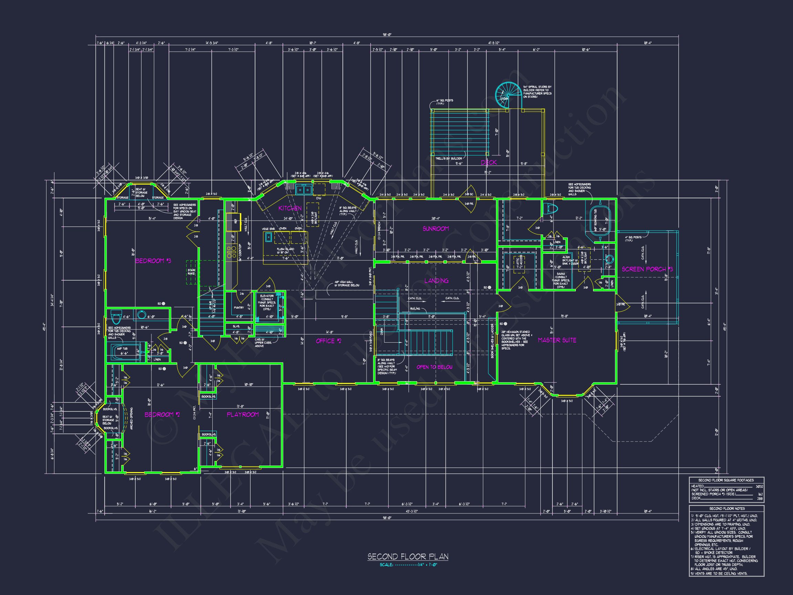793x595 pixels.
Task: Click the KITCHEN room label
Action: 290,208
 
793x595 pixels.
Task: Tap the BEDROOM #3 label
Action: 153,261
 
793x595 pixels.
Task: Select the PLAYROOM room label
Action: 243,415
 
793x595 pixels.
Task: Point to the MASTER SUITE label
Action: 557,340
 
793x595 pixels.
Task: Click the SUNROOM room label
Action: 436,228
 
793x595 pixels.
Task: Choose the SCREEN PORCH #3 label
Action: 647,269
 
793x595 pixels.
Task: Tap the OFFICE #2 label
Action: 330,341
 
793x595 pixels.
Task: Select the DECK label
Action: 489,163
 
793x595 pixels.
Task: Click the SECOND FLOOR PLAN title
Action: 408,557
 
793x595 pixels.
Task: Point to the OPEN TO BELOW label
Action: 434,367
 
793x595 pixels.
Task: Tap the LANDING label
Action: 436,281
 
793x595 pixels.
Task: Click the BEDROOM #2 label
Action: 162,415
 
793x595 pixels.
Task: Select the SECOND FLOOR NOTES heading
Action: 726,509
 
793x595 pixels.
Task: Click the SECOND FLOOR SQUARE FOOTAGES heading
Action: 726,480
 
